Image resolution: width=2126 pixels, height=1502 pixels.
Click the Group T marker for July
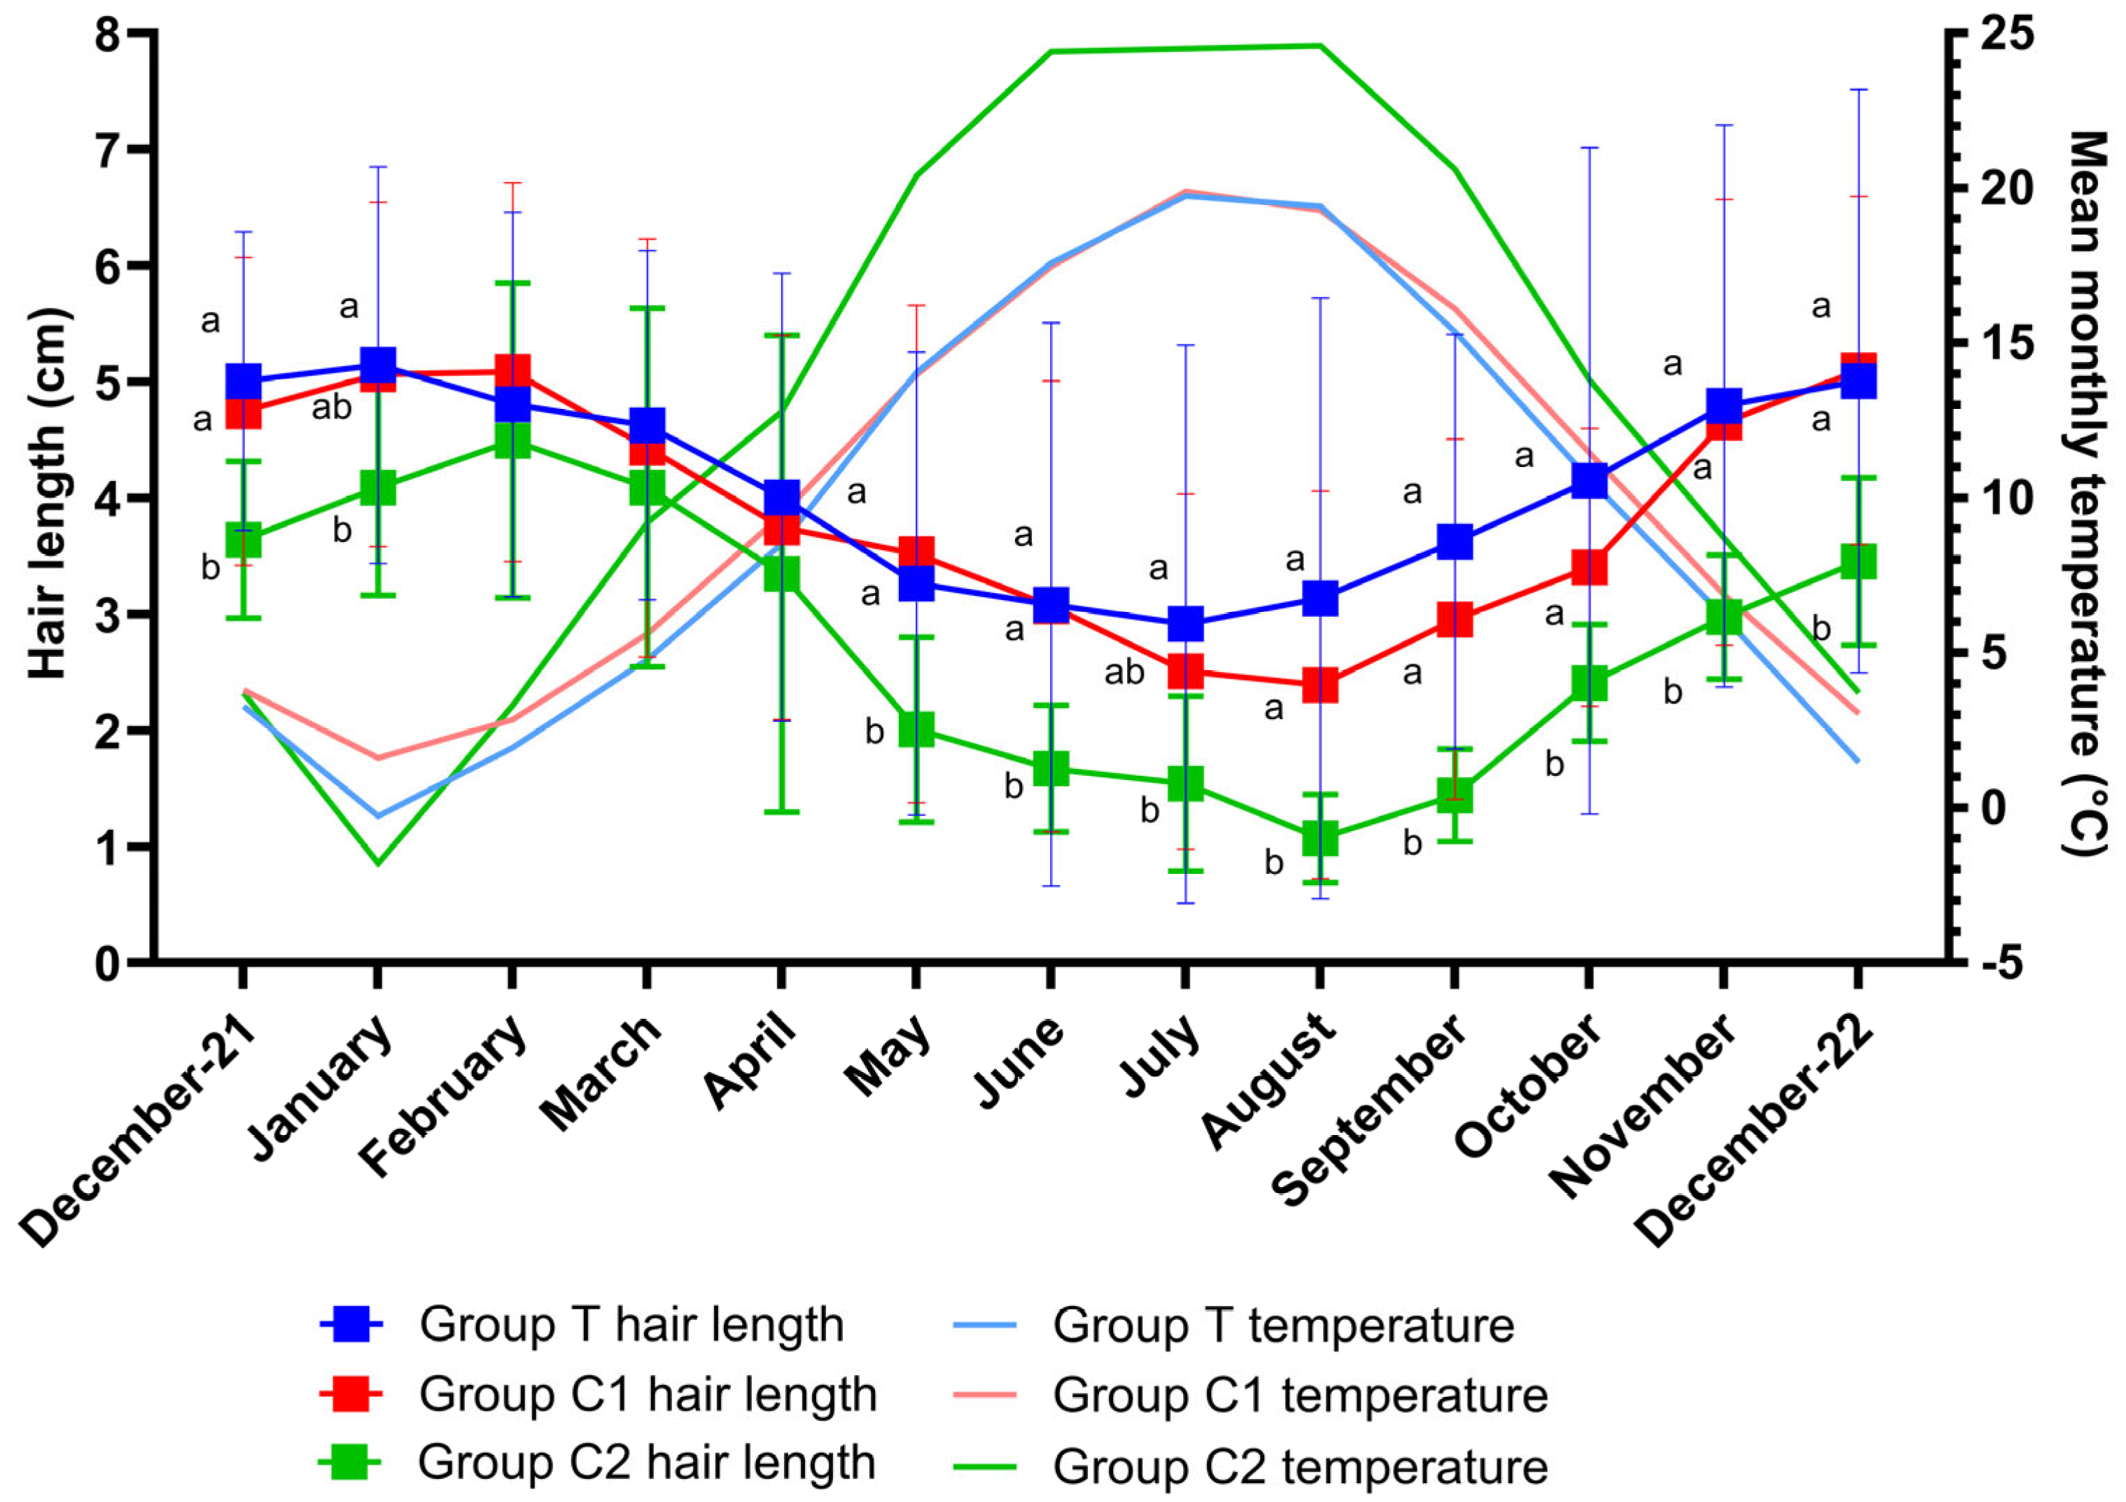(1185, 623)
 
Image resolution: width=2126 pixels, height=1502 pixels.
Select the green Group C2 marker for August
(1320, 838)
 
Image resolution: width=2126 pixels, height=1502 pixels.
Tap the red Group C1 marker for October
(1589, 566)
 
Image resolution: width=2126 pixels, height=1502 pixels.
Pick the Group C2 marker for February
(512, 439)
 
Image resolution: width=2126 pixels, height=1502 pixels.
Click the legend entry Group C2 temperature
(1299, 1465)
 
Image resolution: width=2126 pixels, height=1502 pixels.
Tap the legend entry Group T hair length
(631, 1324)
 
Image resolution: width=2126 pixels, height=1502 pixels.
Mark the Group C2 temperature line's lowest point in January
(378, 864)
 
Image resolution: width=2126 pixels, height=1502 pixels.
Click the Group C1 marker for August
(1320, 686)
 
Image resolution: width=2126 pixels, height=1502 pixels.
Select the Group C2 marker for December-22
(1857, 562)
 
